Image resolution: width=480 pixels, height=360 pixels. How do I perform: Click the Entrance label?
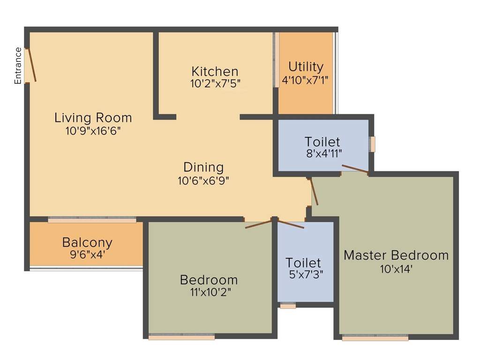click(18, 66)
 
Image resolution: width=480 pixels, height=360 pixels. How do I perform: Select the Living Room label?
click(93, 117)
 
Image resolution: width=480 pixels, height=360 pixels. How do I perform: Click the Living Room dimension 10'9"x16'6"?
click(93, 131)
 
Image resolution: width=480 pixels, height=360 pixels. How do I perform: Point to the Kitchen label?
click(215, 72)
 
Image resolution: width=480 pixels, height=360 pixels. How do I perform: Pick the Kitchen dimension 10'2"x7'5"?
click(216, 85)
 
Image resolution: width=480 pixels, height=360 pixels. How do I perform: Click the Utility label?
click(306, 67)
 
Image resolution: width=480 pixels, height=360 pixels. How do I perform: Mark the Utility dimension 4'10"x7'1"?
click(306, 80)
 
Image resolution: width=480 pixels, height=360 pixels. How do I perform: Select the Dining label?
click(203, 167)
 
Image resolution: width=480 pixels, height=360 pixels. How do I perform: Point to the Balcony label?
click(87, 242)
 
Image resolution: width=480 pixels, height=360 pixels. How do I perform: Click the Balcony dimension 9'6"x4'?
click(87, 255)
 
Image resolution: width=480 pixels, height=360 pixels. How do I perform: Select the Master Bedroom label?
click(396, 255)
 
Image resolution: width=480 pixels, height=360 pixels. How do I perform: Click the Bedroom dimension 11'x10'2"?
click(209, 292)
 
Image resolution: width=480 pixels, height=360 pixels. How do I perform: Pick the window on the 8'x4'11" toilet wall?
click(373, 144)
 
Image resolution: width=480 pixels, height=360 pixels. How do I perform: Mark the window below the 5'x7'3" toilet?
click(288, 306)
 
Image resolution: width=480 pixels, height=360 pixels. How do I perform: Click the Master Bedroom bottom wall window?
click(375, 337)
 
